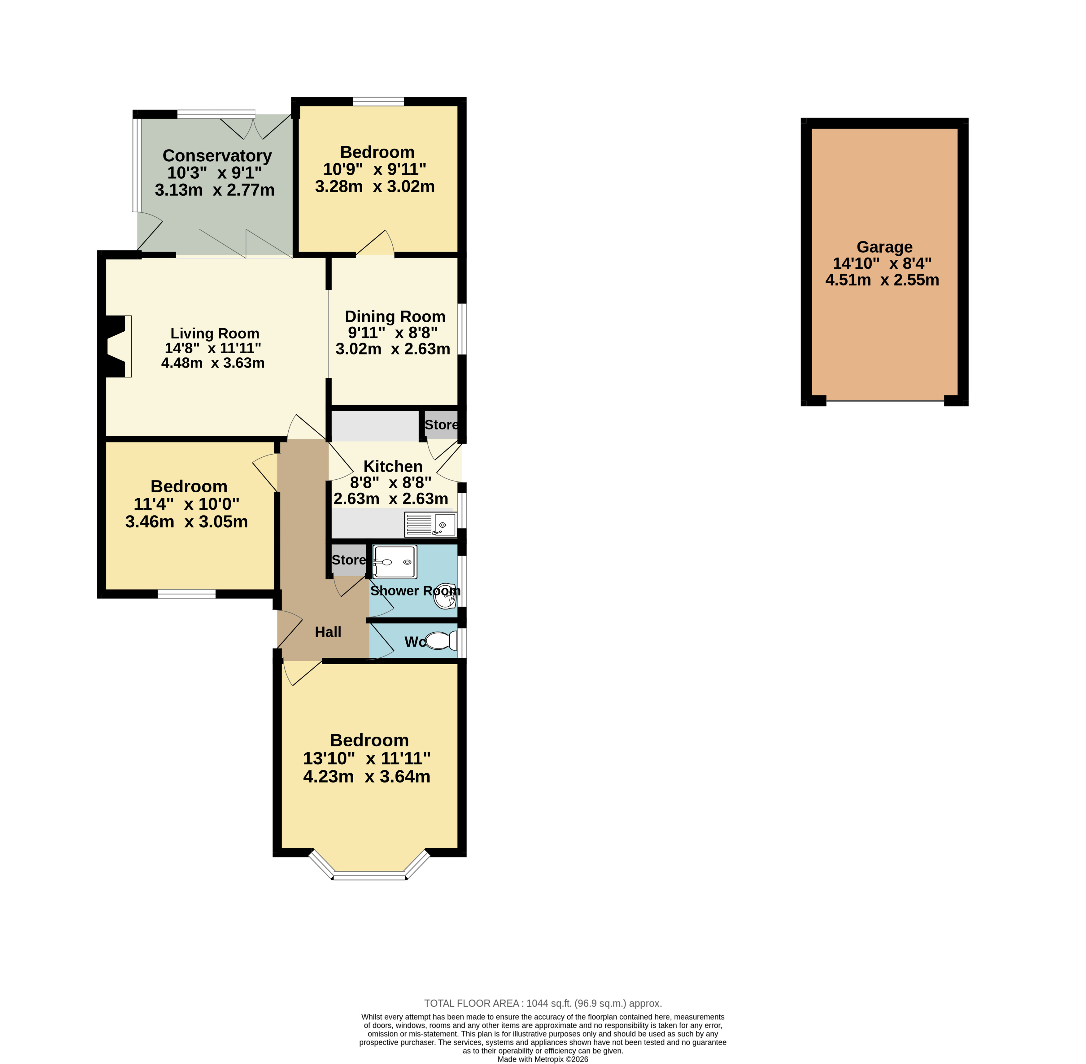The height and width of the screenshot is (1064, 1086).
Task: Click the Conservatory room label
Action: pyautogui.click(x=217, y=155)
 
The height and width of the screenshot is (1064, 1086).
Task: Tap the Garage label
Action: pyautogui.click(x=884, y=247)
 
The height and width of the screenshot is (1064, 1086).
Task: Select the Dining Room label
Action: pyautogui.click(x=395, y=316)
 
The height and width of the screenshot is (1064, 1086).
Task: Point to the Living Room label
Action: pyautogui.click(x=215, y=333)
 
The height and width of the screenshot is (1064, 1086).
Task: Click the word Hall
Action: pyautogui.click(x=328, y=632)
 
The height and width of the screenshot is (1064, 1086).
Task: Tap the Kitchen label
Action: pyautogui.click(x=393, y=466)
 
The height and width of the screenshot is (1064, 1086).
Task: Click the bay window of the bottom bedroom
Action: pyautogui.click(x=369, y=866)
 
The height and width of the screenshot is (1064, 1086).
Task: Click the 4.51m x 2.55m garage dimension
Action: pyautogui.click(x=883, y=280)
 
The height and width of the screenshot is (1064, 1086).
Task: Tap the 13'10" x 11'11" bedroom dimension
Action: pyautogui.click(x=367, y=758)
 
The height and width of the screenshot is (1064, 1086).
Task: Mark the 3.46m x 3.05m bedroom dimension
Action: pyautogui.click(x=187, y=521)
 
